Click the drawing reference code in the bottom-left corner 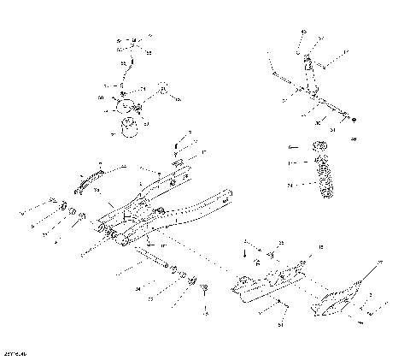click(x=15, y=352)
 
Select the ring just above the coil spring click(x=323, y=162)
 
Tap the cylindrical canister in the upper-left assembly click(x=129, y=128)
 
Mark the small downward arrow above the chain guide click(x=246, y=254)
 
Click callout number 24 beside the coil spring click(x=290, y=185)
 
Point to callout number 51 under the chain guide click(x=282, y=326)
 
